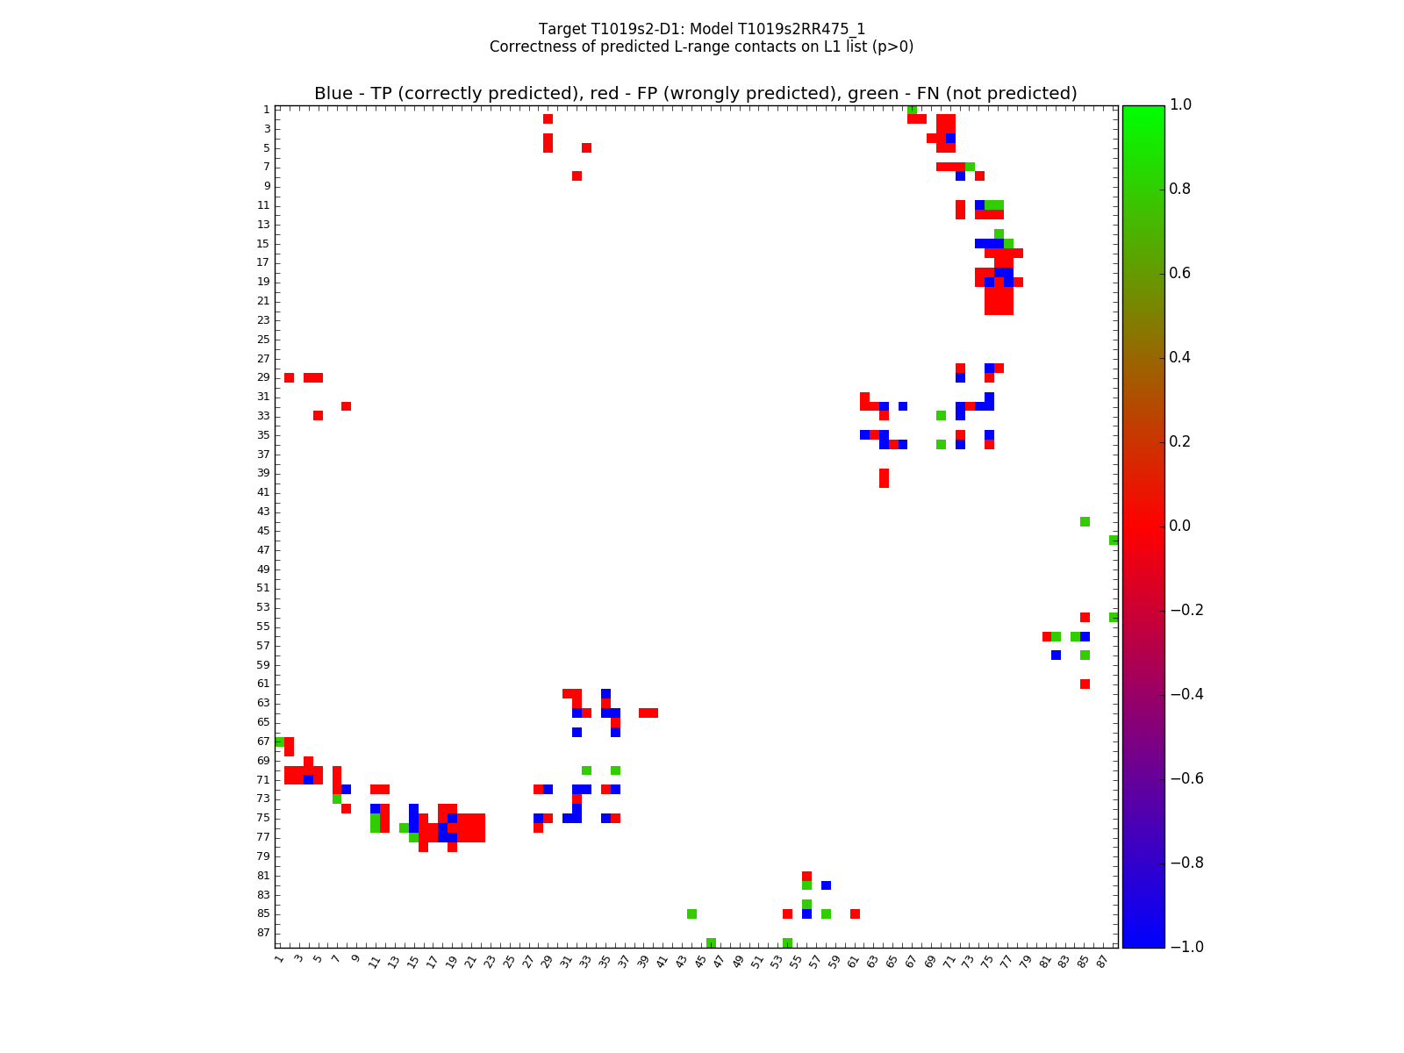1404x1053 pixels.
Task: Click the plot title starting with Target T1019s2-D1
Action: [701, 29]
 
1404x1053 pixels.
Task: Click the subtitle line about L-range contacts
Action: [701, 47]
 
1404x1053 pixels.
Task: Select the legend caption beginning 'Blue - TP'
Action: [695, 94]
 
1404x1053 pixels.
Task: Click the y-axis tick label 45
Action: [263, 531]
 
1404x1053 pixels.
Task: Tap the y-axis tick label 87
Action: [263, 933]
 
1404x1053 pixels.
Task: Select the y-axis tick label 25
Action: [263, 340]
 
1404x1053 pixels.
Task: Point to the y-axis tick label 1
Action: [266, 110]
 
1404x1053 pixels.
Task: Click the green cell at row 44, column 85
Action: [1085, 521]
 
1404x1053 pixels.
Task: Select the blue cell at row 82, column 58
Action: [826, 885]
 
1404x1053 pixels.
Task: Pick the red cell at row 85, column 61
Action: [855, 913]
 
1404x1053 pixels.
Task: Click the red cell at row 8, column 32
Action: [577, 176]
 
